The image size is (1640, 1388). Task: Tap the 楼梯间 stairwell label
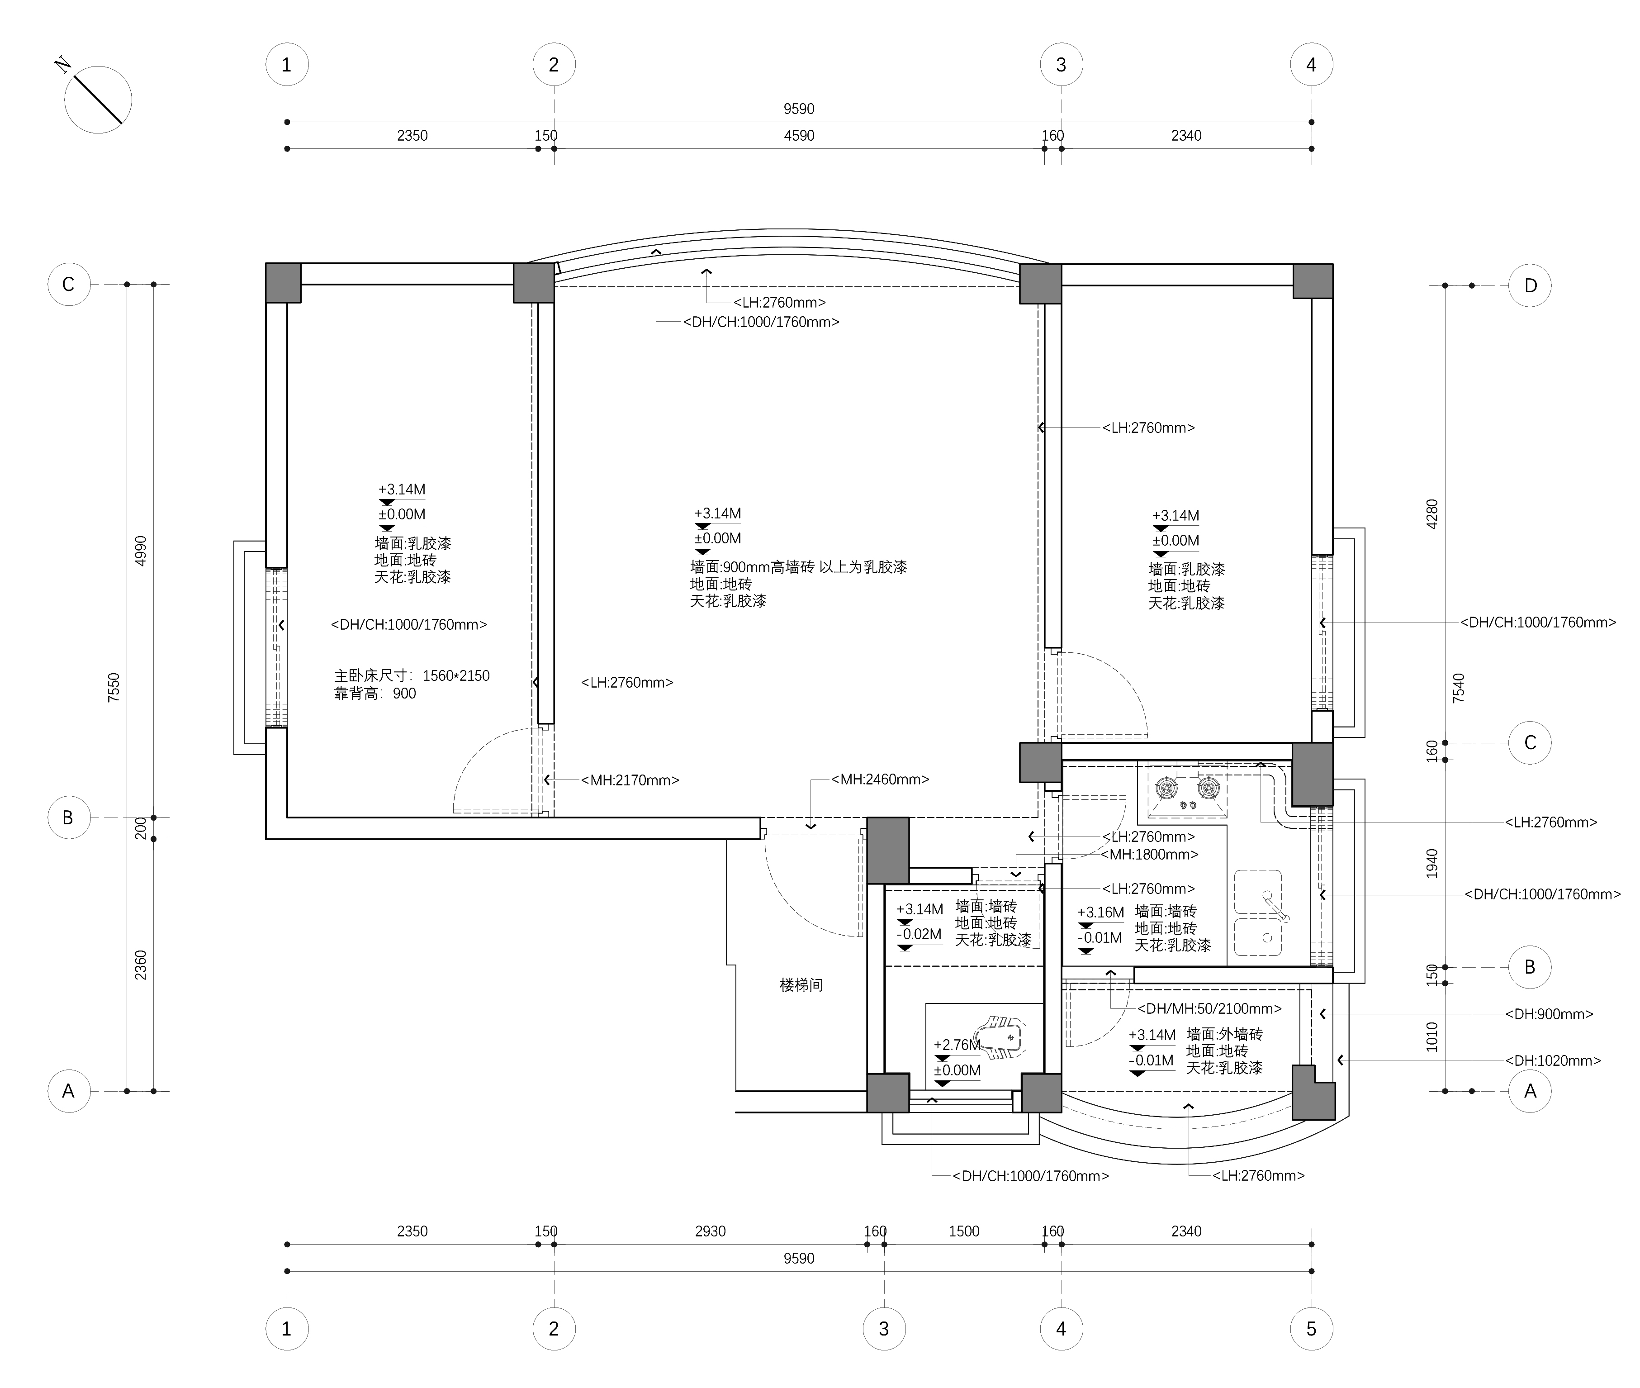coord(801,984)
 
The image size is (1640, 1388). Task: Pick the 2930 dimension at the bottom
coord(710,1231)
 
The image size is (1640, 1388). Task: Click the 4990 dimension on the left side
coord(141,551)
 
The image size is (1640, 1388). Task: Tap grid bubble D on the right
coord(1530,285)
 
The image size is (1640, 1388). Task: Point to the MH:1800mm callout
coord(1149,854)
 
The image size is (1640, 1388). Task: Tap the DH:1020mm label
coord(1553,1060)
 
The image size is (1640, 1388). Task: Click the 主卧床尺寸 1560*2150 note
coord(412,675)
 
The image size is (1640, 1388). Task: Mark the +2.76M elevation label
coord(957,1045)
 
